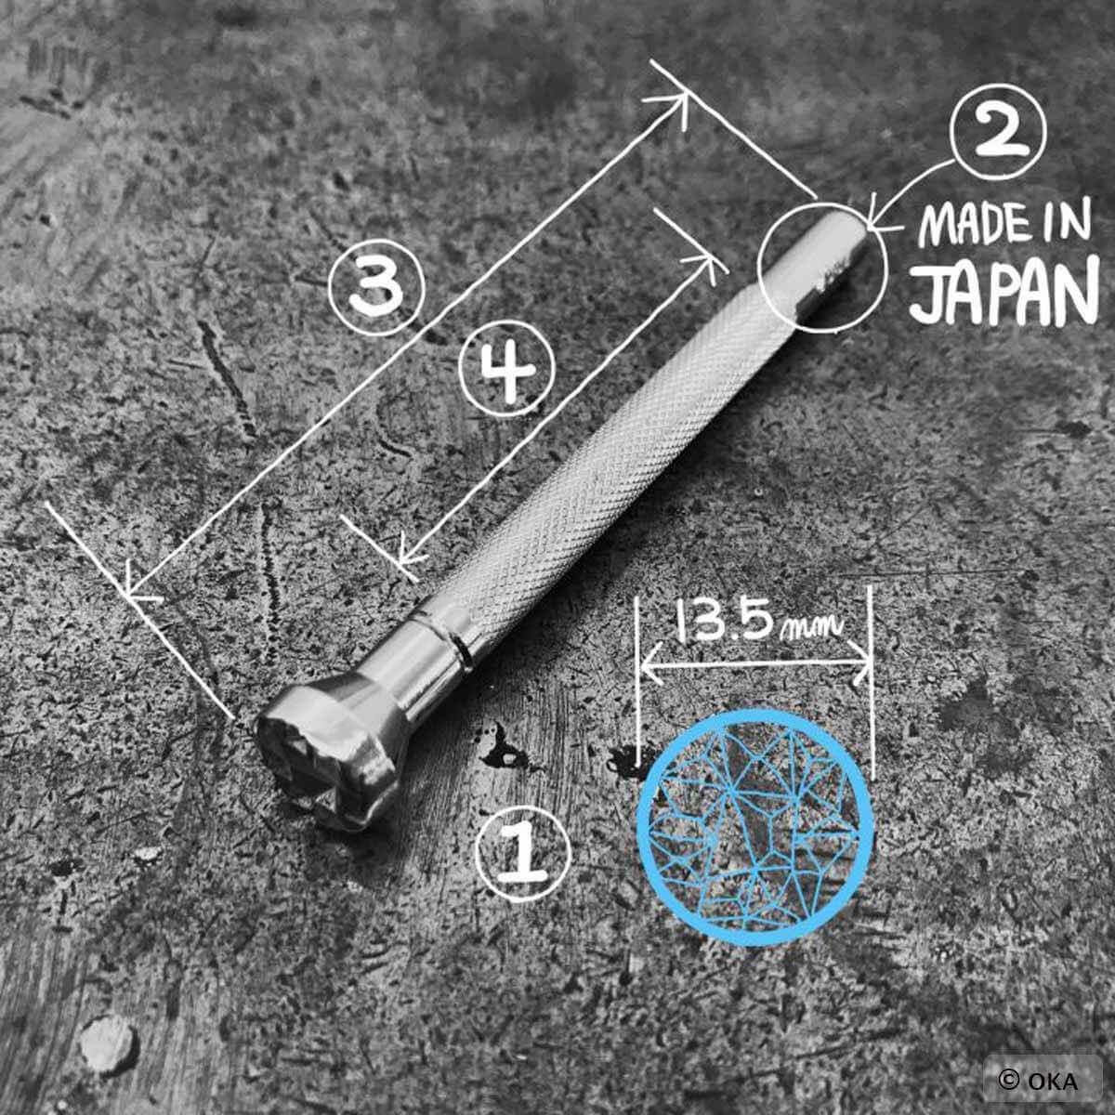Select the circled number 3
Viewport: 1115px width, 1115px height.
click(376, 287)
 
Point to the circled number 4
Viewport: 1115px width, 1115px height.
click(507, 369)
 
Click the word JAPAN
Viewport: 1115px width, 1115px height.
click(1003, 291)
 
